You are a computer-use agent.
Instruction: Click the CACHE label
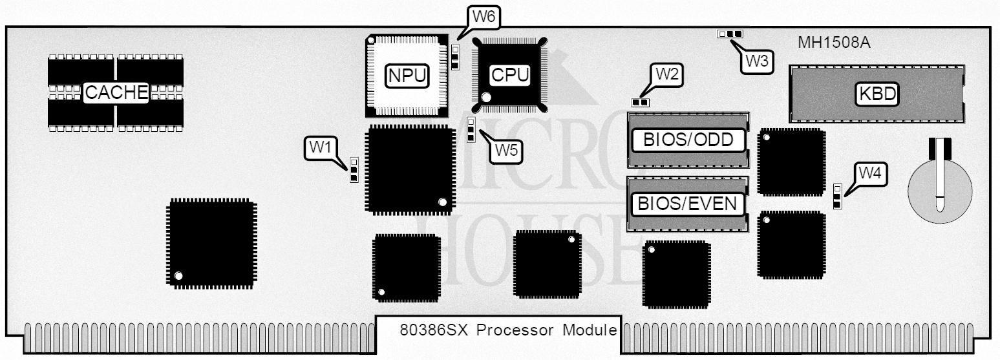pos(117,92)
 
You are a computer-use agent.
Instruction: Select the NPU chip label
pos(407,76)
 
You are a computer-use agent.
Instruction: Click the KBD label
pos(877,94)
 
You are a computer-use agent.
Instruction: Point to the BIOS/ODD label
pos(687,140)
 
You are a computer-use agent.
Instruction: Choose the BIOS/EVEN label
pos(687,204)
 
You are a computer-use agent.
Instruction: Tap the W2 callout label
pos(666,74)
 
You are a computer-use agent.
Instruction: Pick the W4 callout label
pos(871,173)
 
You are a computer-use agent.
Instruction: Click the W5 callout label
pos(506,150)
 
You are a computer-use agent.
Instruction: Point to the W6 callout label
pos(483,17)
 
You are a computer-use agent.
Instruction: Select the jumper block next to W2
pos(640,101)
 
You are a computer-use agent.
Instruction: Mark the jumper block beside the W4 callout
pos(837,196)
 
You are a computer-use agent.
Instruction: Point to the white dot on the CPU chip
pos(486,97)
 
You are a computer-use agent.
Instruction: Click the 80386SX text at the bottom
pos(434,330)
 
